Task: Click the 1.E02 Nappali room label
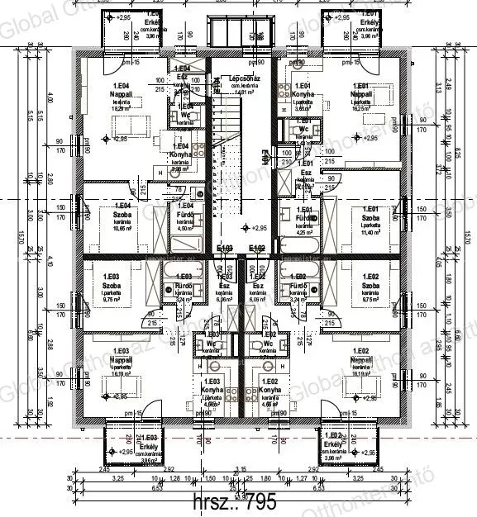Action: pyautogui.click(x=361, y=361)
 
